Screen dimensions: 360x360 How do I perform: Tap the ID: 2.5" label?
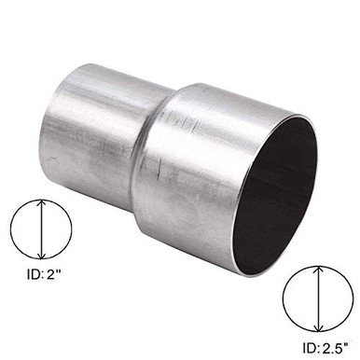[x=317, y=348]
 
